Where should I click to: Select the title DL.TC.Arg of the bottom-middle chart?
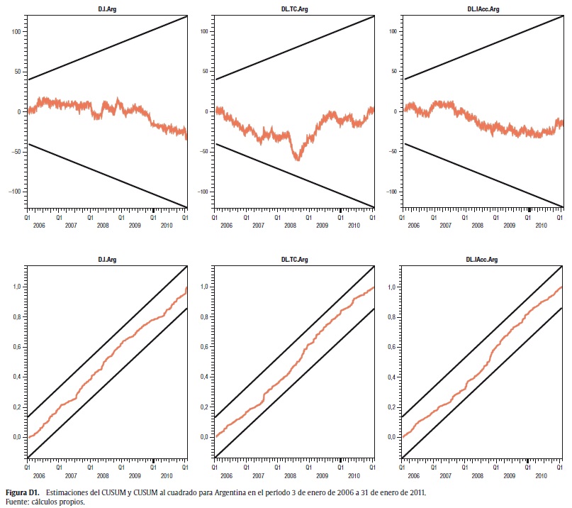pyautogui.click(x=294, y=260)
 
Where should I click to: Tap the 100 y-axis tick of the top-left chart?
pyautogui.click(x=16, y=32)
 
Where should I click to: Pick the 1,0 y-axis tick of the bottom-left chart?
pyautogui.click(x=17, y=287)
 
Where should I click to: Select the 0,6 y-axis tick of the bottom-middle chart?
pyautogui.click(x=205, y=347)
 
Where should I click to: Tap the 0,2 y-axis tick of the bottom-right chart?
pyautogui.click(x=392, y=407)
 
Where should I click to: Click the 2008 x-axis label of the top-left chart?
pyautogui.click(x=102, y=225)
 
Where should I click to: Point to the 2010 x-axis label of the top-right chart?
pyautogui.click(x=541, y=225)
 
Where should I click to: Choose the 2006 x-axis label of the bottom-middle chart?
pyautogui.click(x=226, y=476)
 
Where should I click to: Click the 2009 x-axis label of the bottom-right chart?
pyautogui.click(x=509, y=476)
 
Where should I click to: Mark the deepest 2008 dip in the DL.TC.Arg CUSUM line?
pyautogui.click(x=297, y=160)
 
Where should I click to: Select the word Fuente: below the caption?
pyautogui.click(x=17, y=501)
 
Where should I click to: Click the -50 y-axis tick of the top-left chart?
pyautogui.click(x=16, y=152)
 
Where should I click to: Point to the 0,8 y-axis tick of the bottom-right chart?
pyautogui.click(x=392, y=316)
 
